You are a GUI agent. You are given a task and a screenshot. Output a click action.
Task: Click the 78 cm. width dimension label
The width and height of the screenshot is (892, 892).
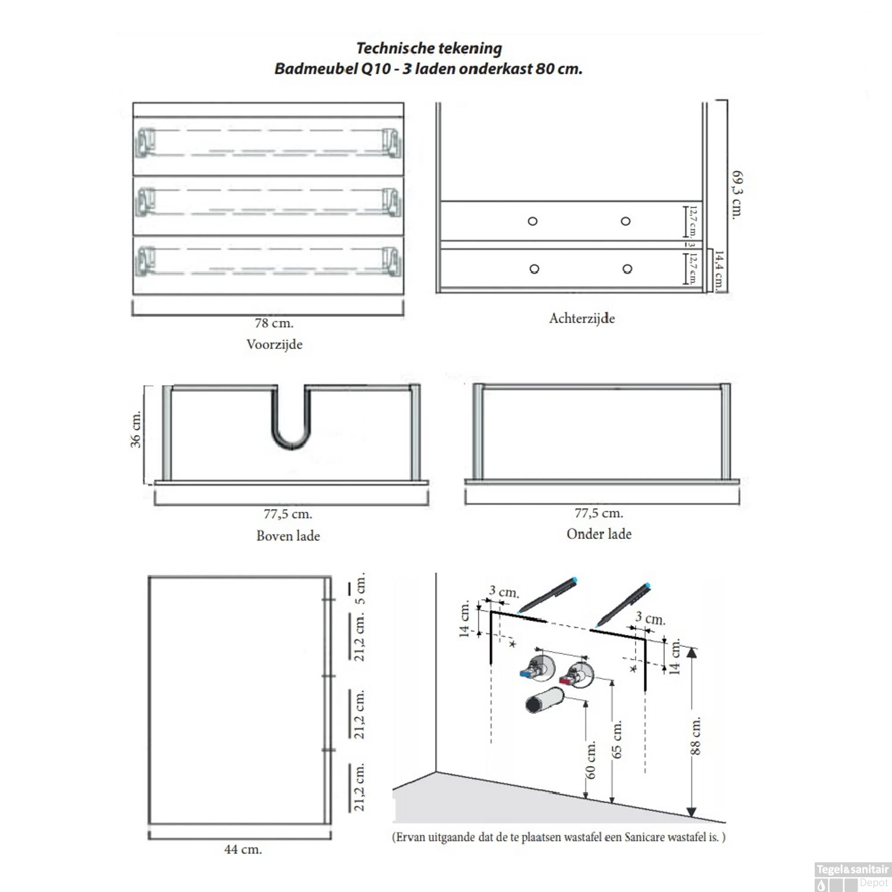[274, 323]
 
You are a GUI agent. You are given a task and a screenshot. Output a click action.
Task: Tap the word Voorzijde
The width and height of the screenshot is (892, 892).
[274, 345]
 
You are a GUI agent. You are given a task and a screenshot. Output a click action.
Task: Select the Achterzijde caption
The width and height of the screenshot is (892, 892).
[582, 319]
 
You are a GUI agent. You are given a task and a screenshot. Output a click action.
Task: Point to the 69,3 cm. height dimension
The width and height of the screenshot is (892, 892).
[737, 195]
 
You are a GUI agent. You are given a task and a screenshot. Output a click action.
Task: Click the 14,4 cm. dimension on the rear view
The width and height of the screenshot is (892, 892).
[720, 270]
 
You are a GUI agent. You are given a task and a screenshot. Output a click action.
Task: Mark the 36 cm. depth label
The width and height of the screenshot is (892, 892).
[136, 429]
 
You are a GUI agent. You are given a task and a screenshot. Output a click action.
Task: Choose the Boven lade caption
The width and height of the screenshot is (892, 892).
[288, 536]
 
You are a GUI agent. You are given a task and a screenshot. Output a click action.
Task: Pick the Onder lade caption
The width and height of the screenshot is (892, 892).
[599, 534]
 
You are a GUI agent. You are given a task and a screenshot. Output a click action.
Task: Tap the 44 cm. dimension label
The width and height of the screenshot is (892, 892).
[243, 850]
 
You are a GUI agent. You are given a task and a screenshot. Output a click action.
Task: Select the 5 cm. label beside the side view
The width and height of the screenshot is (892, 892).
[360, 589]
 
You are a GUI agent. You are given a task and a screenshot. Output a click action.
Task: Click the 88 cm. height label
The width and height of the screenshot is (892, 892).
[695, 736]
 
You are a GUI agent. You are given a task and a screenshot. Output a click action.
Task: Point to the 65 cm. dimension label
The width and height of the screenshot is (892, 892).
[617, 740]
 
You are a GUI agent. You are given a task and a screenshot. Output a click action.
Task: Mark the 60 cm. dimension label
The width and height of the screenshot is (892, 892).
[591, 761]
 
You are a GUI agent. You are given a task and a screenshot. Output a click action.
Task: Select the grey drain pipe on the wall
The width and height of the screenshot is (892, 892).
[544, 701]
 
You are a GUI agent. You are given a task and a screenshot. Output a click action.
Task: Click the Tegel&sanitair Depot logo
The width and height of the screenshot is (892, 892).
[852, 876]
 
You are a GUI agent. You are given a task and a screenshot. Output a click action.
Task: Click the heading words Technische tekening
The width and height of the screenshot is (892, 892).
[429, 48]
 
